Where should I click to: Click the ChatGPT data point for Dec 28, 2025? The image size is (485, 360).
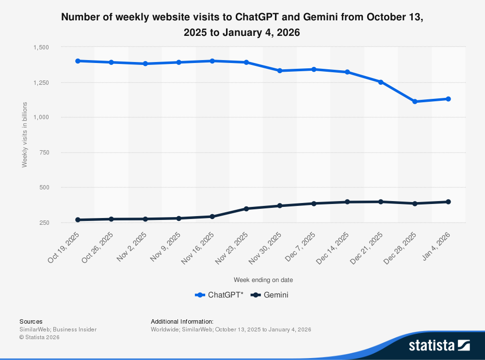coord(415,102)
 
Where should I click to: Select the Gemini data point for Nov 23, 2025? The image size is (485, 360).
coord(246,209)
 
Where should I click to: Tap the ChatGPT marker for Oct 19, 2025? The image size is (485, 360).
coord(77,61)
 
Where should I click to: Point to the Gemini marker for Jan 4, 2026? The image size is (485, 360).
coord(448,202)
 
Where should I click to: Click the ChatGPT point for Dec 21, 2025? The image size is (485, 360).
coord(381,82)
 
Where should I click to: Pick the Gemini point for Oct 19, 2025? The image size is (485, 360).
coord(77,220)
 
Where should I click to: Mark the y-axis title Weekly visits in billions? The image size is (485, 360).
coord(25,135)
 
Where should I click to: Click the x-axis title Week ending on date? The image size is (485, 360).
coord(263,280)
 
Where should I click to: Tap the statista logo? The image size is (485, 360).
coord(439,345)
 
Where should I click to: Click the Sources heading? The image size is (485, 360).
coord(31,321)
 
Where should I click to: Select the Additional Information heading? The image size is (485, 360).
coord(182,321)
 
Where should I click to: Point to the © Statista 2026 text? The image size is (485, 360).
coord(39,337)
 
